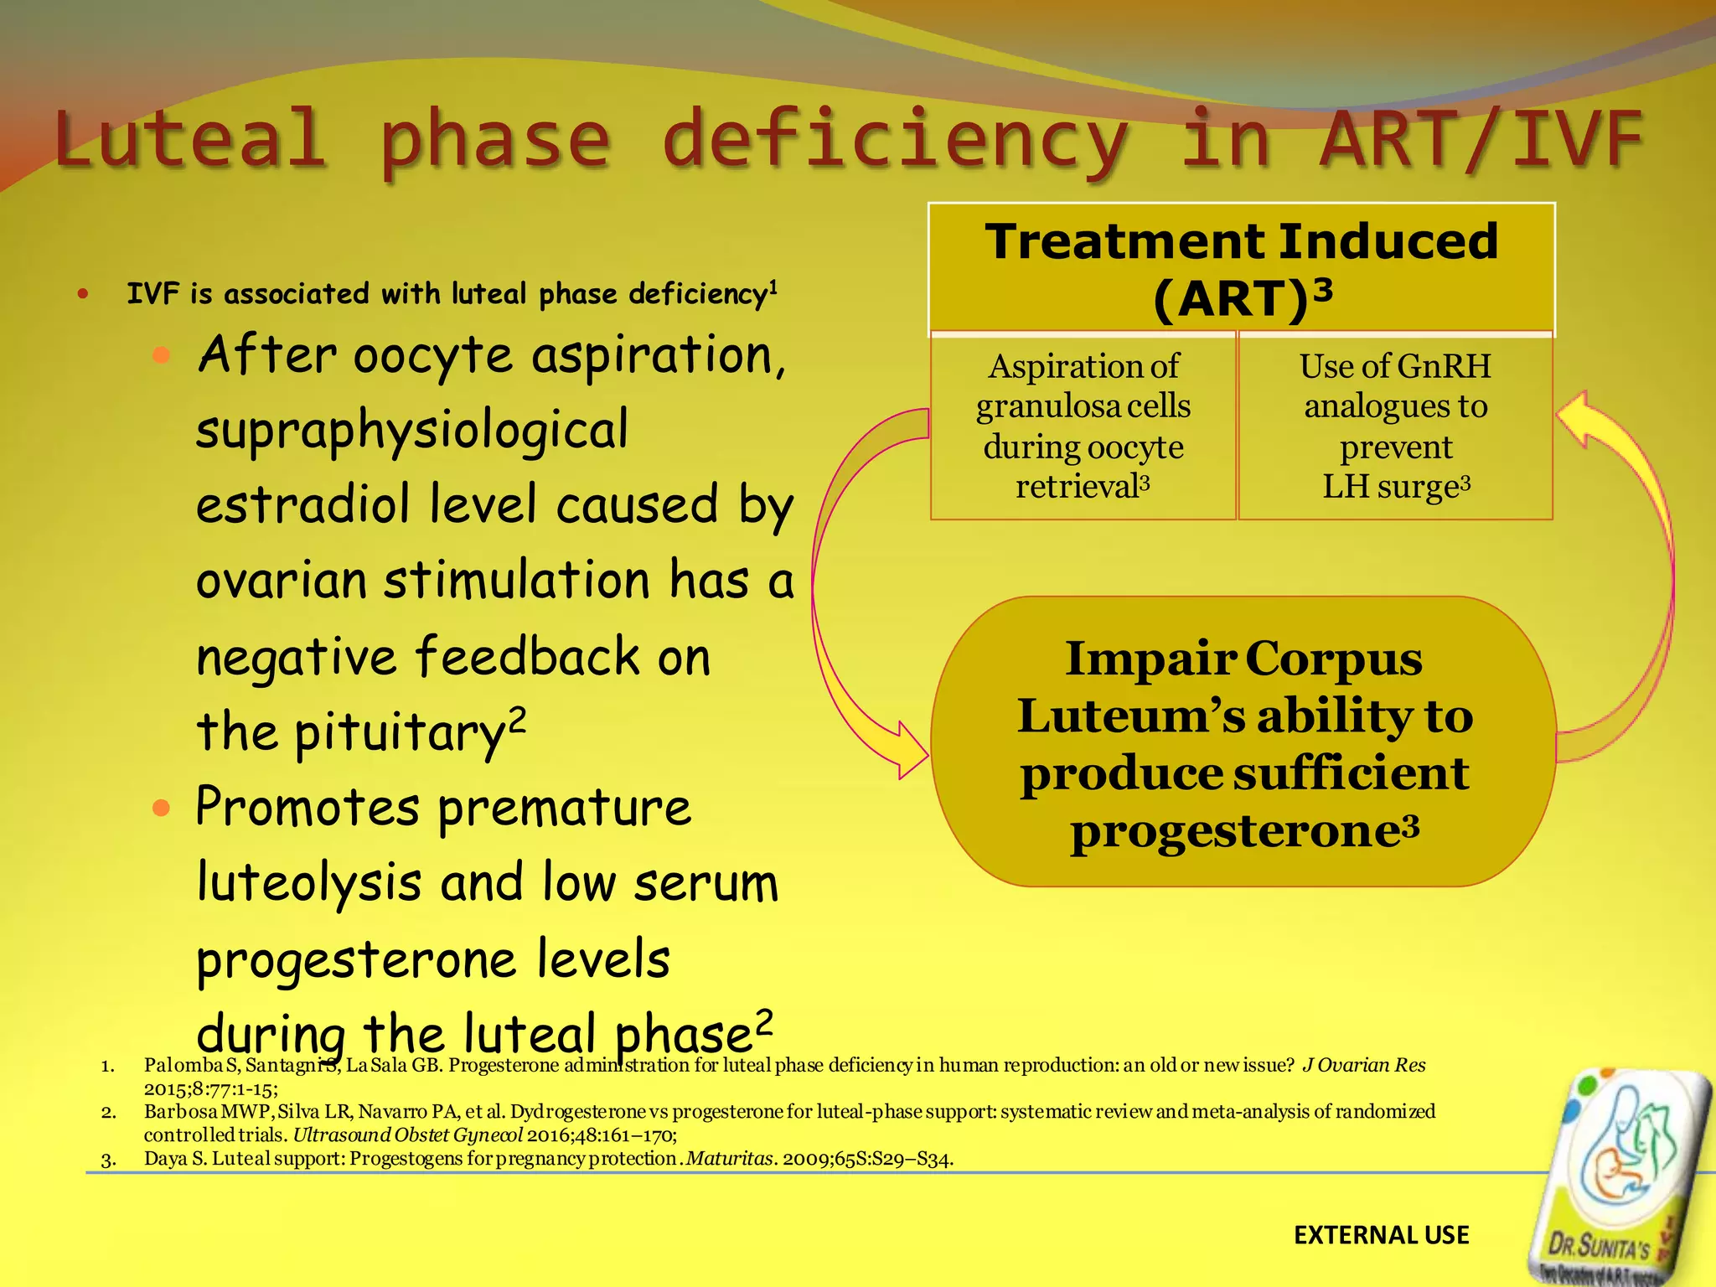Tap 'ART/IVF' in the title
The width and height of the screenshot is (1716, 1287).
coord(1480,139)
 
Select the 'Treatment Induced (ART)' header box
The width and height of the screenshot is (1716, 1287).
coord(1241,268)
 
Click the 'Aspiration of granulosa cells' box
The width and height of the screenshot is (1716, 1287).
coord(1083,426)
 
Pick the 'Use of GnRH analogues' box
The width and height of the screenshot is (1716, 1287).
coord(1395,426)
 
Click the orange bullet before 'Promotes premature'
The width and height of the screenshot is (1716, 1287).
coord(162,809)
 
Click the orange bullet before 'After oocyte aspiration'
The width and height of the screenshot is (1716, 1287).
coord(162,355)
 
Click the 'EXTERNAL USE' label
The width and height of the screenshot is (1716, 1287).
coord(1381,1235)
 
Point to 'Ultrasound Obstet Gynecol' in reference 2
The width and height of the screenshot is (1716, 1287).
coord(408,1135)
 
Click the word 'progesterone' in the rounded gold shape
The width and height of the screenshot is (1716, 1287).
coord(1236,831)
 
